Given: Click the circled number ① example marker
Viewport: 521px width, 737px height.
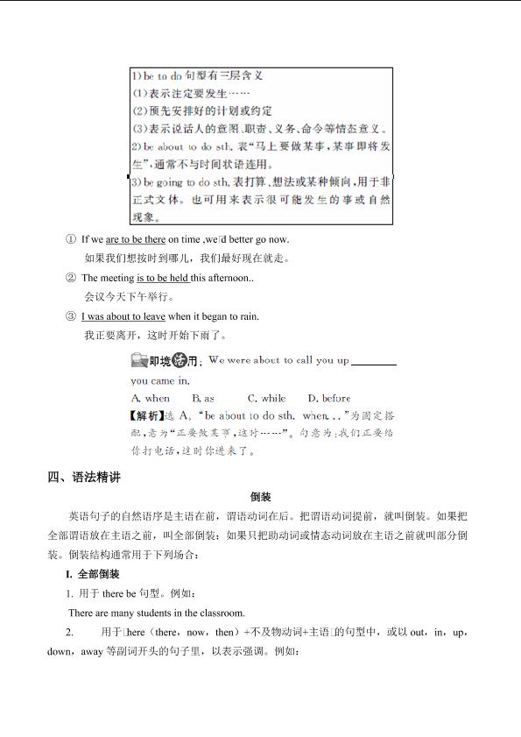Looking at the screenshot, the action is (x=71, y=239).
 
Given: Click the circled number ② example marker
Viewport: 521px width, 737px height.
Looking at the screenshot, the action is (x=71, y=278).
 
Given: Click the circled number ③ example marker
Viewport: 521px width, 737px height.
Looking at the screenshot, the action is (x=71, y=316).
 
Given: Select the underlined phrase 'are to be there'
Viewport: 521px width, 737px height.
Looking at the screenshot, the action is (x=136, y=239).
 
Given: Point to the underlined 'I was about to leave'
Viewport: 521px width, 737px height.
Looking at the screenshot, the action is (x=123, y=316).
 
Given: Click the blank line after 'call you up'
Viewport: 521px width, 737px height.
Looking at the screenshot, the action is (x=373, y=361).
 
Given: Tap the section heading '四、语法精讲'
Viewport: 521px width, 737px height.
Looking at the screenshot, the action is (x=84, y=478).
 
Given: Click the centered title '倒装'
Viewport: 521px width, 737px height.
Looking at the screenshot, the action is (x=260, y=497).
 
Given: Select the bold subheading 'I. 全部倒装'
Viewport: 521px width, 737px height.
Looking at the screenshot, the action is (x=92, y=574).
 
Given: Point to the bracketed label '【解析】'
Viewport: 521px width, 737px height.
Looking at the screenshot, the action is (x=146, y=415).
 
